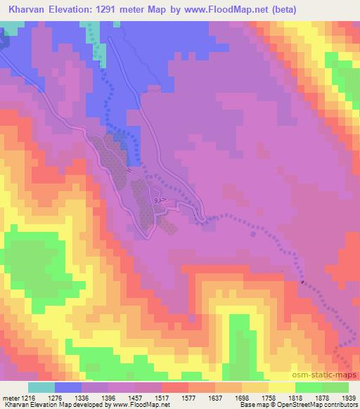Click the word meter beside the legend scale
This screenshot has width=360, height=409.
11,398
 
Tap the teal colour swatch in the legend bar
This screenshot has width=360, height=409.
41,387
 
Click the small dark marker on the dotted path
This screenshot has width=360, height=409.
302,283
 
